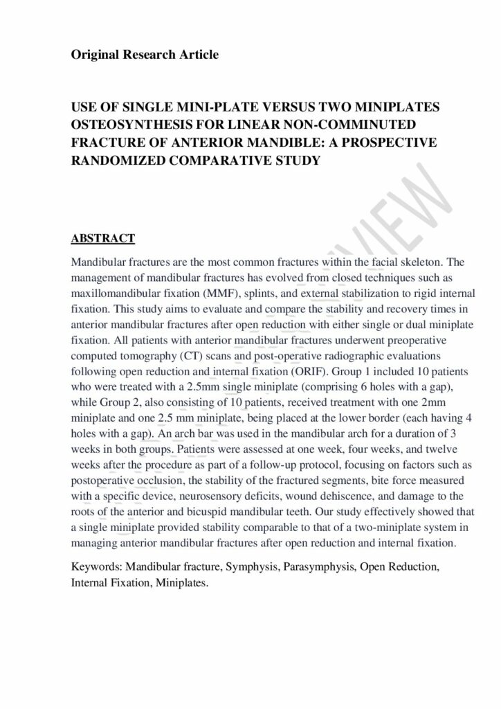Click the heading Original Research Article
coord(145,55)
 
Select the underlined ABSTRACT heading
coord(102,239)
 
